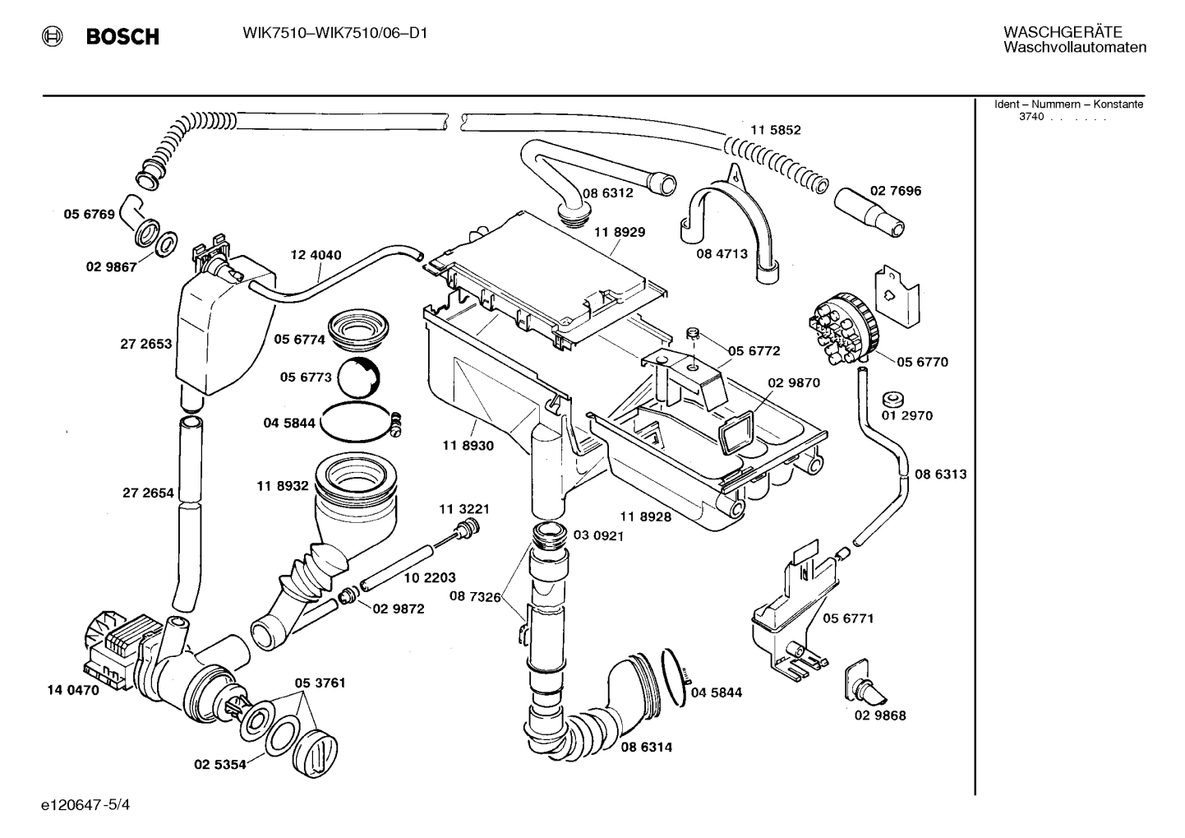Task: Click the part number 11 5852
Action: [x=775, y=130]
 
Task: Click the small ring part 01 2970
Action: [x=891, y=400]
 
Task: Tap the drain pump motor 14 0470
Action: [x=115, y=650]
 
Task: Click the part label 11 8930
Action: [x=468, y=445]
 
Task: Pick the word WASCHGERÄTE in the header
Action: [x=1062, y=32]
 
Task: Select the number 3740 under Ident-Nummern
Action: [x=1031, y=117]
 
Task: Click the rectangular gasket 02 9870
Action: [x=738, y=432]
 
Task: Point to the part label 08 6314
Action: [x=646, y=748]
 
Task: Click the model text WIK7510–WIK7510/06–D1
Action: [x=334, y=33]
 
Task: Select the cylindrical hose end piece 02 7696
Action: [x=871, y=212]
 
